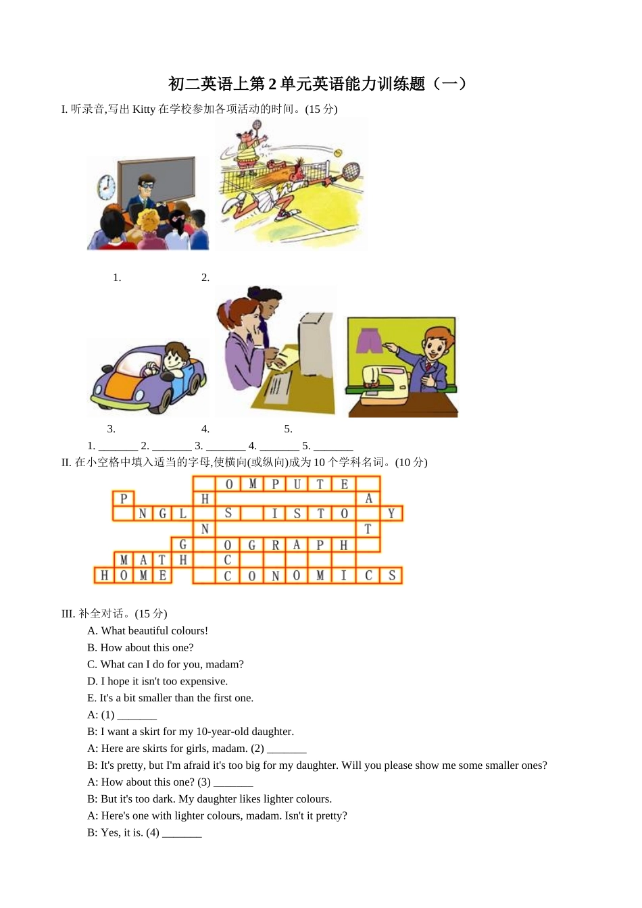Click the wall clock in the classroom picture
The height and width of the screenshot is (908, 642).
coord(106,187)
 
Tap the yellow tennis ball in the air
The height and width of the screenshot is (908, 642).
coord(338,153)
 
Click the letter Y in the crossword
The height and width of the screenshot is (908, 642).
coord(391,514)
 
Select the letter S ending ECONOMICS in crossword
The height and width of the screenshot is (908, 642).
coord(391,576)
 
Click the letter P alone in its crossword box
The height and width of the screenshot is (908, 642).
coord(123,499)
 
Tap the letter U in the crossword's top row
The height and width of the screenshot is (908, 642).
coord(297,484)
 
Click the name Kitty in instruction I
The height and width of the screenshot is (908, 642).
coord(143,109)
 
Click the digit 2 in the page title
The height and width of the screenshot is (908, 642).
coord(272,84)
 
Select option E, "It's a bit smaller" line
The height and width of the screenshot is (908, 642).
coord(170,698)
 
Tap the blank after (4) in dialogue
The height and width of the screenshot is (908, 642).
coord(182,834)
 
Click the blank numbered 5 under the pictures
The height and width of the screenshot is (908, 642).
coord(333,447)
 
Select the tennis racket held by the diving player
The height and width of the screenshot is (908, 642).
coord(350,172)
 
